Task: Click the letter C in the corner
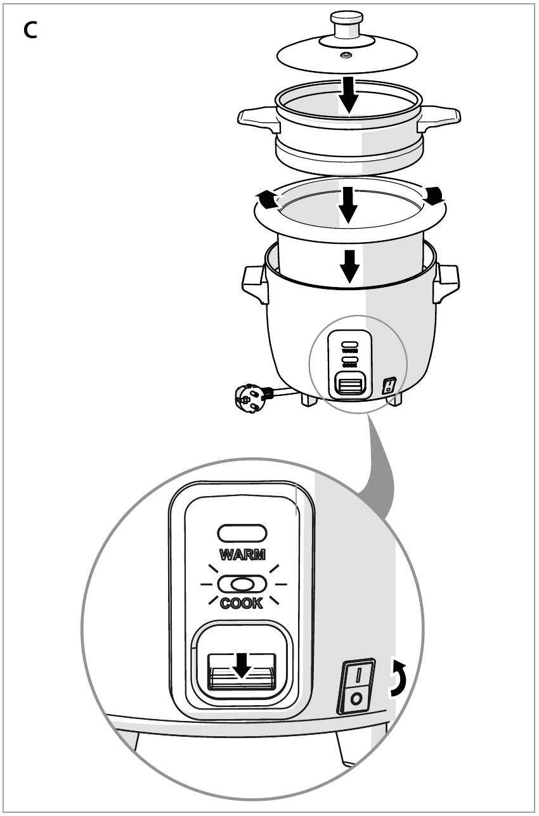point(30,30)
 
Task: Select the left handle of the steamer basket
point(259,119)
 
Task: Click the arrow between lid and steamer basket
point(349,95)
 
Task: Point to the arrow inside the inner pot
point(348,205)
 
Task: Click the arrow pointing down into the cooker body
point(350,266)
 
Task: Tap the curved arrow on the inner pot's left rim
point(267,199)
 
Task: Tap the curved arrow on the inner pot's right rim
point(435,195)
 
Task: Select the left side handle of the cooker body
point(255,284)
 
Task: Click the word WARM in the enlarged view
point(242,554)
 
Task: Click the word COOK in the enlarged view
point(242,603)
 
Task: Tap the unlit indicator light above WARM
point(242,533)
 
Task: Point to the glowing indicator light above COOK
point(242,584)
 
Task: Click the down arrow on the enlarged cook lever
point(242,665)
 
